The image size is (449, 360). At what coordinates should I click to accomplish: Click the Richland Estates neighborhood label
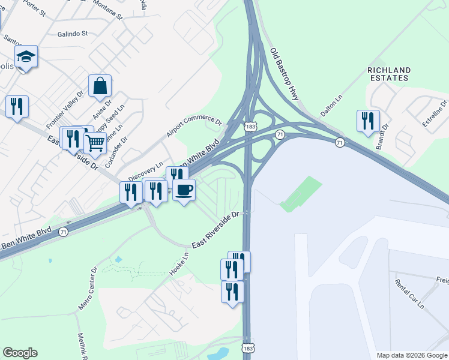389,74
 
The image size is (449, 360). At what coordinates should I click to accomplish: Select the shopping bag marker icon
100,86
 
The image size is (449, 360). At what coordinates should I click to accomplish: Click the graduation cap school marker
26,57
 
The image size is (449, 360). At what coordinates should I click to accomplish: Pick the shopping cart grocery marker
94,144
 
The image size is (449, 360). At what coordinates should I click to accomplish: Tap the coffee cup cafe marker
184,190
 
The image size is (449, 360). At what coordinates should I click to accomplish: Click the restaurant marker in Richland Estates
367,121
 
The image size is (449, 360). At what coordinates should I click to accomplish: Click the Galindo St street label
73,34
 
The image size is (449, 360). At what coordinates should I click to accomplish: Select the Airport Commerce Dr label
194,125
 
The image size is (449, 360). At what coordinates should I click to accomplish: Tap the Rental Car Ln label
409,295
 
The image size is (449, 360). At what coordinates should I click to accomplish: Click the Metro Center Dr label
87,289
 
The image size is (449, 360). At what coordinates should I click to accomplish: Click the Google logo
20,353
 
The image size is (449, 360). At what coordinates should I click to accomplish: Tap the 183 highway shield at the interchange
250,128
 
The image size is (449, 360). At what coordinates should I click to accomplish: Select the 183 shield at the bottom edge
248,348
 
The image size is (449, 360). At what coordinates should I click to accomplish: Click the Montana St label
106,13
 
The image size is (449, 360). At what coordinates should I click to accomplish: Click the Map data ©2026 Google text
412,355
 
